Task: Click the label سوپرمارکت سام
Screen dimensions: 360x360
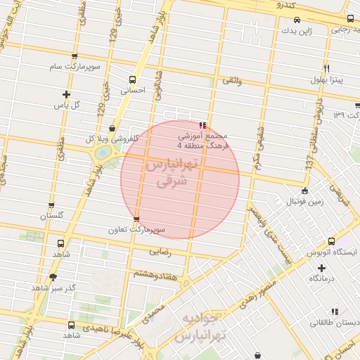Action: click(75, 67)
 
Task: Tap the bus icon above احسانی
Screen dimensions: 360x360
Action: click(132, 79)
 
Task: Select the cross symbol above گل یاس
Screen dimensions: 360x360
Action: click(67, 94)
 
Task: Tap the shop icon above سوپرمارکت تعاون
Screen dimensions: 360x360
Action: click(136, 219)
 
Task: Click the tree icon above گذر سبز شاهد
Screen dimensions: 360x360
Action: click(53, 277)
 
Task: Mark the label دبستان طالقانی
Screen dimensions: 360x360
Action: click(334, 323)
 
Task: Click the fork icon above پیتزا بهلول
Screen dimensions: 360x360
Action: click(327, 68)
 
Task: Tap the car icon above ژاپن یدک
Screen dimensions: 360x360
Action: click(297, 20)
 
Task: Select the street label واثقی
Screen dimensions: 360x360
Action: click(232, 82)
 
